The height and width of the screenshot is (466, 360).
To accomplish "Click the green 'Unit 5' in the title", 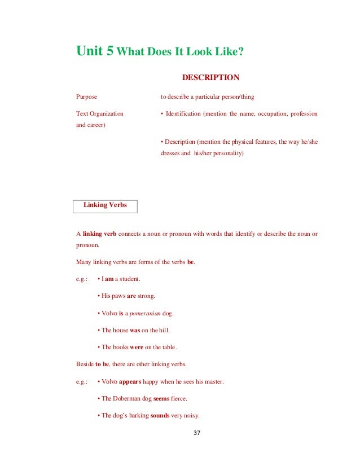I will tap(95, 51).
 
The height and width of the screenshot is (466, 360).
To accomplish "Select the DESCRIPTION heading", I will tap(210, 77).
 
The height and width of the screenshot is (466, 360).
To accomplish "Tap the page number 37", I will tap(196, 434).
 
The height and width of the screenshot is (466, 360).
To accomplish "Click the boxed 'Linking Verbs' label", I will tap(105, 205).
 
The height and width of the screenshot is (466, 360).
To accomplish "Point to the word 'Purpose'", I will tap(86, 97).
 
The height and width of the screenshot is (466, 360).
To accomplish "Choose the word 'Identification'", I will tap(183, 114).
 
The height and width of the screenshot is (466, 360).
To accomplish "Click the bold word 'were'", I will tap(137, 347).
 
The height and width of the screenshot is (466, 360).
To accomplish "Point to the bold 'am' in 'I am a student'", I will tap(109, 279).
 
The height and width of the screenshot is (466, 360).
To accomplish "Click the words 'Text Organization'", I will tap(99, 114).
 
